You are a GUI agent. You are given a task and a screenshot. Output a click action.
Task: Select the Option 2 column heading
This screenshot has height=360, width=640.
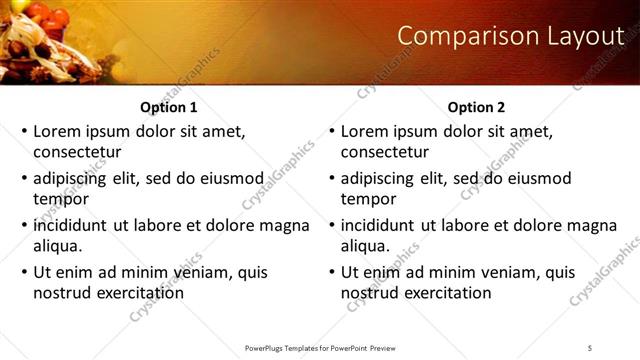tap(477, 107)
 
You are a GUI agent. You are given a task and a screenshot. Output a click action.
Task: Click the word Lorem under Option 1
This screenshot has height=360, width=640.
tap(57, 131)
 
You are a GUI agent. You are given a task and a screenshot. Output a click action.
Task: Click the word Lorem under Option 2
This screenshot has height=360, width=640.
tap(365, 131)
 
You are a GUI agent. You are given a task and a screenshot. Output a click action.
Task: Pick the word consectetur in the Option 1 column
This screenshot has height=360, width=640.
tap(77, 152)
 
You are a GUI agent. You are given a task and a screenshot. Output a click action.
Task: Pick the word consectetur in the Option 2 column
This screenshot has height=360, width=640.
tap(385, 152)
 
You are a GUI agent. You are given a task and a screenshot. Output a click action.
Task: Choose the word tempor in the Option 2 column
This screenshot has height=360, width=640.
tap(368, 199)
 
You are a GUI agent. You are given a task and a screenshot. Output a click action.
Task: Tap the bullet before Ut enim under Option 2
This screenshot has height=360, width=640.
tap(331, 272)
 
